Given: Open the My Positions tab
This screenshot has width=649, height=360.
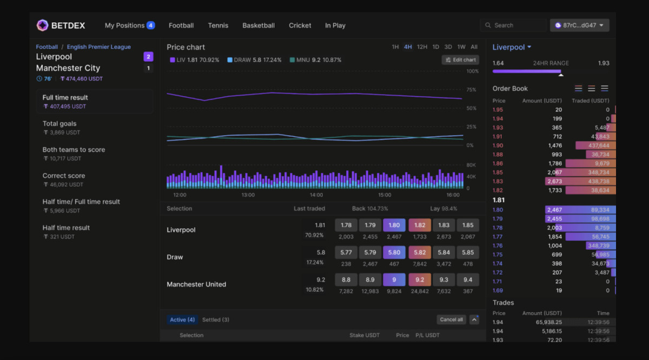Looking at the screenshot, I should [129, 25].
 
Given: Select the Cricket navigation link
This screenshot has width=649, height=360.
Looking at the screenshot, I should [300, 25].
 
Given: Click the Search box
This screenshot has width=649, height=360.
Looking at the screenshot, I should [513, 25].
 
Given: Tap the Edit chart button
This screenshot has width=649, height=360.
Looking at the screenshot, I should [460, 60].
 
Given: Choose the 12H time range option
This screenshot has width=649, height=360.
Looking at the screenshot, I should [422, 47].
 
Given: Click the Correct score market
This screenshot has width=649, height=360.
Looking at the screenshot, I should [64, 176].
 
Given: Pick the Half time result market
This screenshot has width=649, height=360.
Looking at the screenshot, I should [66, 228].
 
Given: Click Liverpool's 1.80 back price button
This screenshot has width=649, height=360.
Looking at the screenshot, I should [394, 225].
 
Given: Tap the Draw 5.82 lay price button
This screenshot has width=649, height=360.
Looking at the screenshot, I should [420, 252].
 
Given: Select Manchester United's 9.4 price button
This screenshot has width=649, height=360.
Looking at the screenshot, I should [467, 279].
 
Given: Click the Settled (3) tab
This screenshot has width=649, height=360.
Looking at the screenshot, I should [215, 319].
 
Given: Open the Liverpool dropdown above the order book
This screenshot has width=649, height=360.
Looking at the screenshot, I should [512, 48].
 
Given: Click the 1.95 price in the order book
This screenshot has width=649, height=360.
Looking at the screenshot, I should [498, 110].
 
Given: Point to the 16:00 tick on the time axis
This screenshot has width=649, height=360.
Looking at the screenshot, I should [453, 195].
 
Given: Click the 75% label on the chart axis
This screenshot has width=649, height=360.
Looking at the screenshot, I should [471, 90].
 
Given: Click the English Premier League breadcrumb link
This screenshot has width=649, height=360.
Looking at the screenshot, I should [98, 47].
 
